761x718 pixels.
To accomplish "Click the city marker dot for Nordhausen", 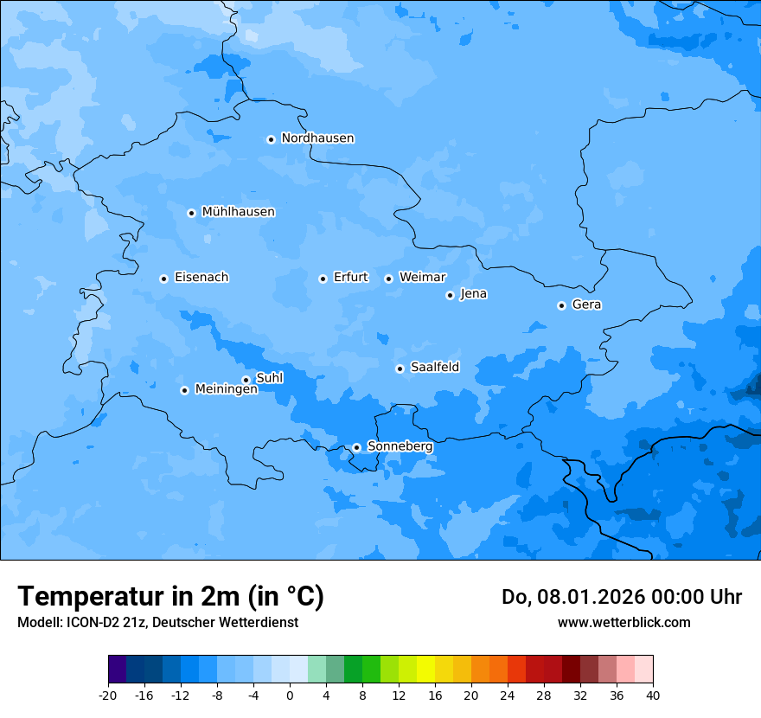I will pos(271,139).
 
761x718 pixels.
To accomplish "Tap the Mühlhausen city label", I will pos(238,212).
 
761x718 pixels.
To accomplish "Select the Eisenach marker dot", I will pos(163,279).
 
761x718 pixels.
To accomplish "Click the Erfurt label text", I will pos(350,278).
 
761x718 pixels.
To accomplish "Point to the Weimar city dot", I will pos(388,279).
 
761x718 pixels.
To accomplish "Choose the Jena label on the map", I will pos(473,294).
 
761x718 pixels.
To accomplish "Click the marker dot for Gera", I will pos(561,305).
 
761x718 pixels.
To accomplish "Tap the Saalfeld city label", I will pos(434,368).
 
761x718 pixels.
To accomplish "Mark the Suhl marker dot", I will pos(246,380).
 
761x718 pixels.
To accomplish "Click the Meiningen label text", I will pos(226,390).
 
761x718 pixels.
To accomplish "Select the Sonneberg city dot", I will pos(356,448).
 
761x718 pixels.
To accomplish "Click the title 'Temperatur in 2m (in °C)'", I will pos(170,597).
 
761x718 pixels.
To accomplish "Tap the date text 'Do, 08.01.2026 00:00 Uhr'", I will pos(621,598).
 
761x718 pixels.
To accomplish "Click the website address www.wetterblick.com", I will pos(624,623).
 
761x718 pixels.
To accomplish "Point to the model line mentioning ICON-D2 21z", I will pos(157,623).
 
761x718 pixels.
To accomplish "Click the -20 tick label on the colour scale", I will pos(108,695).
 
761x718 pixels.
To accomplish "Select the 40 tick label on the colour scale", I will pos(653,695).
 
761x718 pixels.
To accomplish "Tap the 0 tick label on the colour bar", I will pos(290,695).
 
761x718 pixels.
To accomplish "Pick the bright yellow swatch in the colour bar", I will pos(425,670).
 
